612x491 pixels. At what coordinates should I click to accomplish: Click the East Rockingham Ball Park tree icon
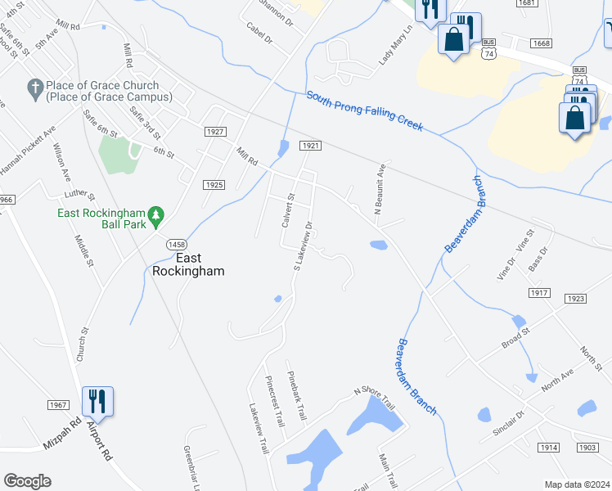[160, 214]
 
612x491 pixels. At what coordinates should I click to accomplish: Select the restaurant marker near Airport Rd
[97, 400]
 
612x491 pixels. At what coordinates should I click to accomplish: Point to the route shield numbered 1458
[176, 245]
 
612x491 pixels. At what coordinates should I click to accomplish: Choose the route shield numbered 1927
[215, 132]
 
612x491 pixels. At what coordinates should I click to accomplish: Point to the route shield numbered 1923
[576, 299]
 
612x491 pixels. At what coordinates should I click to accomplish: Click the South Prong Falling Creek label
[364, 110]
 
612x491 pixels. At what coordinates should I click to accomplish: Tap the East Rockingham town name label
[188, 264]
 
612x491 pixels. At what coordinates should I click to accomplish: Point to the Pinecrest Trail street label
[273, 401]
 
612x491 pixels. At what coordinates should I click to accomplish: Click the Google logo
[27, 481]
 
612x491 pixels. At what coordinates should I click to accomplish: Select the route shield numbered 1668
[564, 43]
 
